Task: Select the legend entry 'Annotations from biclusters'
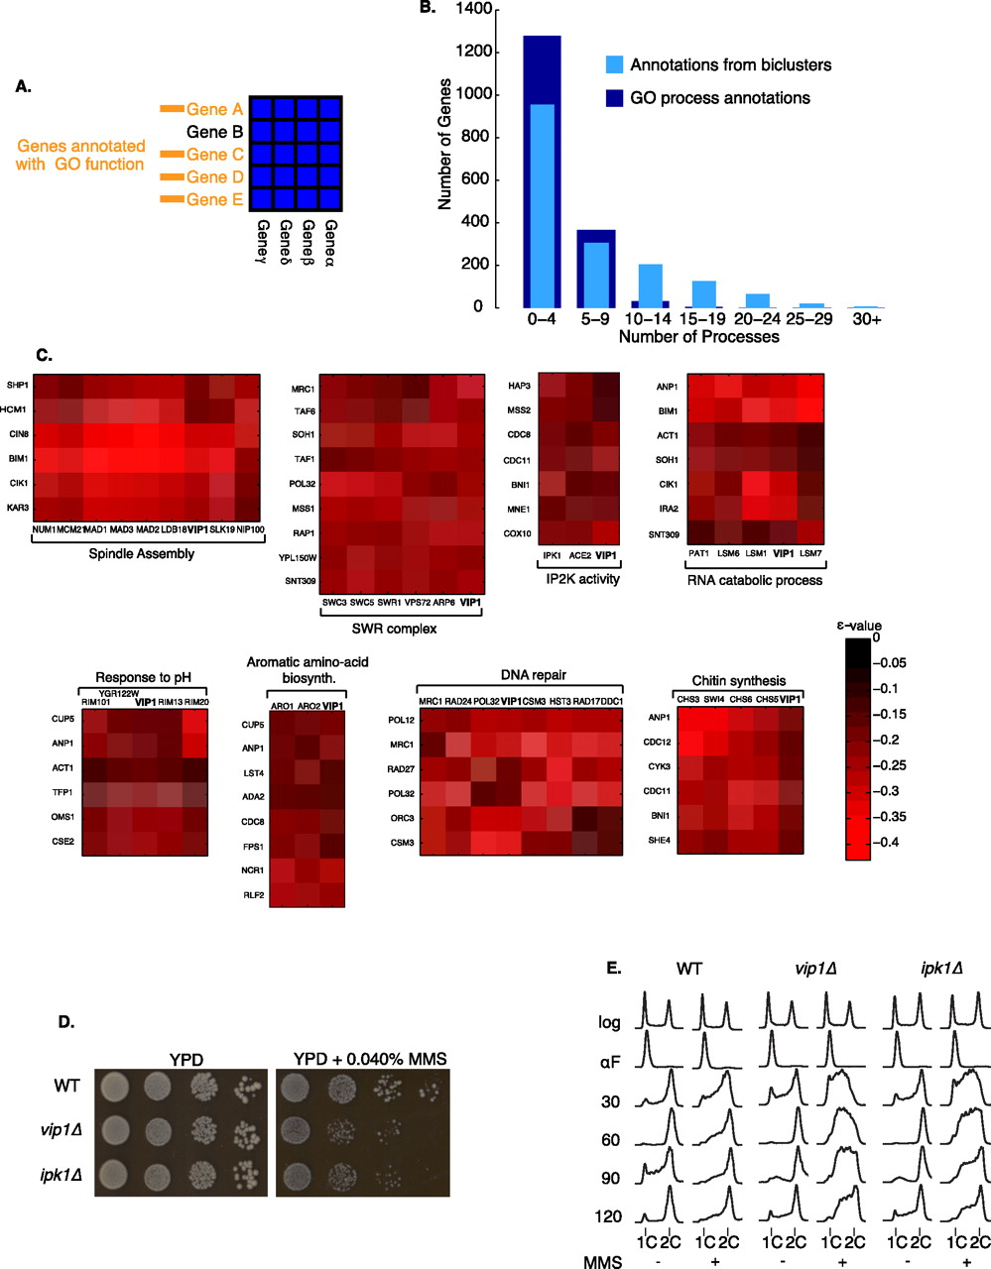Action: (x=731, y=65)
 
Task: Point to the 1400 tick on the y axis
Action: (x=474, y=9)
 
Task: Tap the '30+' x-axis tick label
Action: (x=866, y=319)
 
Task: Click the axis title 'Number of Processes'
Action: (x=698, y=337)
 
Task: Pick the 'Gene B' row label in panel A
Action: (x=214, y=132)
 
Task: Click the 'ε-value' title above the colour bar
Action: (x=858, y=626)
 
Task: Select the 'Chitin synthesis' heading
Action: (x=738, y=681)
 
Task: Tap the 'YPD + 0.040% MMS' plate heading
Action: (x=370, y=1059)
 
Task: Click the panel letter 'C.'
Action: (x=43, y=355)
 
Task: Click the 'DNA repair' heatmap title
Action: (x=534, y=675)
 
